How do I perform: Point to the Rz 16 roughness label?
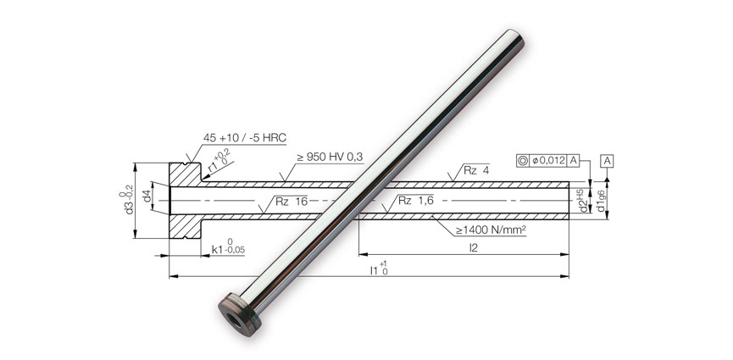292,202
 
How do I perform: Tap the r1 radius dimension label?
215,163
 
